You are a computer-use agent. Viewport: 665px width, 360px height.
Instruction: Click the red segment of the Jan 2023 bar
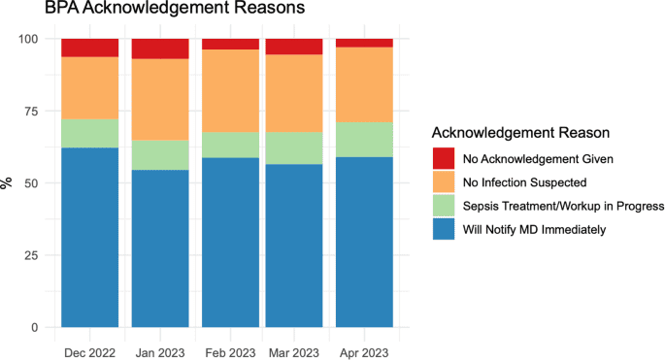click(x=160, y=49)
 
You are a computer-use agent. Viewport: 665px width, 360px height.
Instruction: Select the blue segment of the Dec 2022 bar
click(x=90, y=238)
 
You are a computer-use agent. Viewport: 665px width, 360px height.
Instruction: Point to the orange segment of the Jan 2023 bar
click(x=160, y=100)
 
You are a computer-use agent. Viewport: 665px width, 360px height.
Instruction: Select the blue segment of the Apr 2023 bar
click(x=364, y=243)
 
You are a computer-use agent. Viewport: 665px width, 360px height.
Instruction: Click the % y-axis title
click(x=8, y=182)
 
